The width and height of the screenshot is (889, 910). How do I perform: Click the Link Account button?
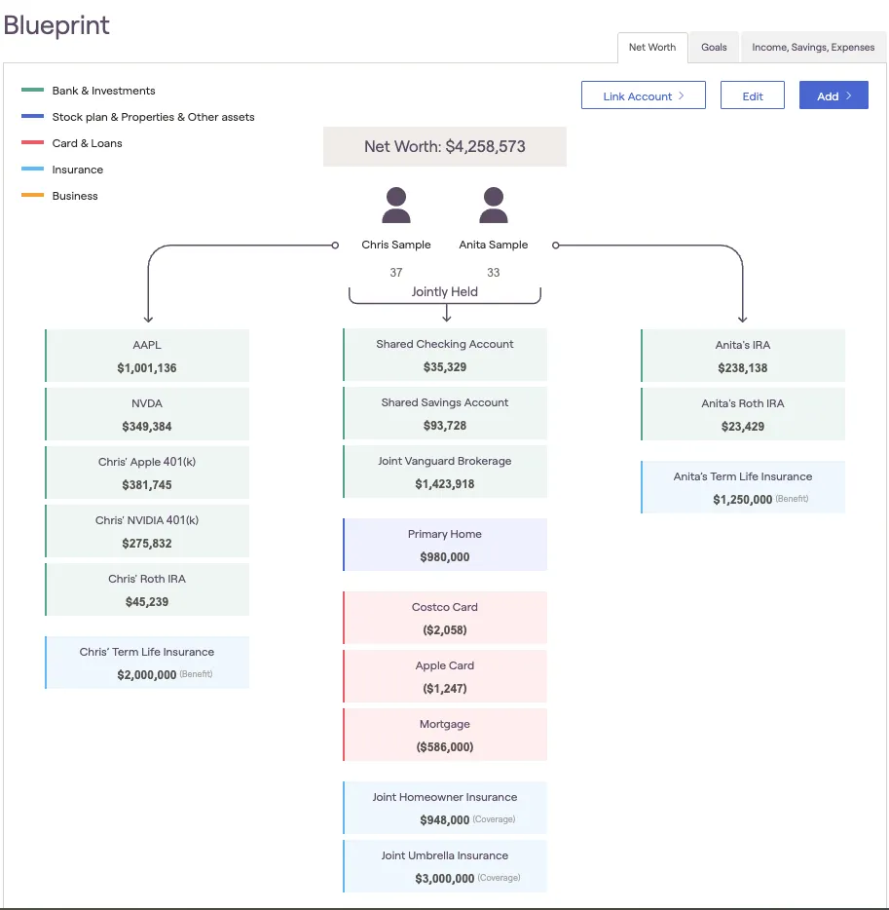[643, 95]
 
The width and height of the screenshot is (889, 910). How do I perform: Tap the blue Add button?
[833, 95]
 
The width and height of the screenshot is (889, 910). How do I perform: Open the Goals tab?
[714, 47]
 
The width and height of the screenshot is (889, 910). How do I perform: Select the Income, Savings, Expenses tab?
[813, 47]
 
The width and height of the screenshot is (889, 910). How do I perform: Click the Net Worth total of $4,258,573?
[445, 147]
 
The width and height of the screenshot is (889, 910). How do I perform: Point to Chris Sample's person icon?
[396, 206]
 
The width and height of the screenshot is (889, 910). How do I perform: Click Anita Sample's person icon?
[494, 206]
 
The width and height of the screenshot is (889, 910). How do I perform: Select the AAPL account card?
[147, 356]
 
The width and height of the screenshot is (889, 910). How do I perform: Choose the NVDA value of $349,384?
[147, 427]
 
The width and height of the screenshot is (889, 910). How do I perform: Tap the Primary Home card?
[445, 545]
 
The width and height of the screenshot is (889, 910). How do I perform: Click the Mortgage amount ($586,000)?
[445, 747]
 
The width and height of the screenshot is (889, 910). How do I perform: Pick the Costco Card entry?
[445, 618]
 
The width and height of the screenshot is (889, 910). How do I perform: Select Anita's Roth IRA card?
[743, 414]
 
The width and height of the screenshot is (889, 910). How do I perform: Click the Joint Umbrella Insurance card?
[445, 866]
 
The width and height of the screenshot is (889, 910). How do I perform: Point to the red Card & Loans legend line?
[33, 143]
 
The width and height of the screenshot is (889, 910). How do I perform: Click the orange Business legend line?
[33, 196]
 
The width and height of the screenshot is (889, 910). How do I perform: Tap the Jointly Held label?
[445, 291]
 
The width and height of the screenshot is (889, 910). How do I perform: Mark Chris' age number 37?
[396, 273]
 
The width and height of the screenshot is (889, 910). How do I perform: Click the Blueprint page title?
[56, 25]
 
